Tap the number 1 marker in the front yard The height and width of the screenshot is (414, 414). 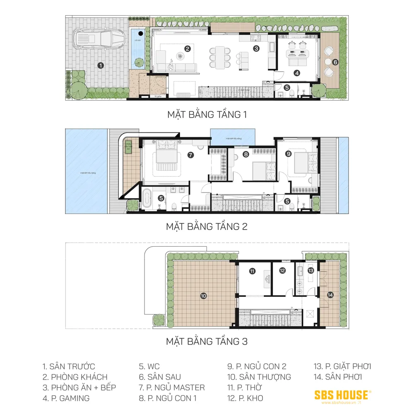[x=100, y=65]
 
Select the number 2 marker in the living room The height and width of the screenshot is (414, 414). [x=188, y=48]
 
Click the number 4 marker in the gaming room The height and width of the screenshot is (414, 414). [x=297, y=73]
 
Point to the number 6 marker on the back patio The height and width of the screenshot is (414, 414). [x=335, y=62]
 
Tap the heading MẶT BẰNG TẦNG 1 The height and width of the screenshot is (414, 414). [x=207, y=114]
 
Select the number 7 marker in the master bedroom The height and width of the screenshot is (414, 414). [x=190, y=155]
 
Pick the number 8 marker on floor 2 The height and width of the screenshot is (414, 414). [x=246, y=155]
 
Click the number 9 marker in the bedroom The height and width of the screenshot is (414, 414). [x=289, y=153]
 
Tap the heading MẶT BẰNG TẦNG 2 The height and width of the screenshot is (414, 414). [x=207, y=226]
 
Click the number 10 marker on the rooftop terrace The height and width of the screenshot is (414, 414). [x=203, y=296]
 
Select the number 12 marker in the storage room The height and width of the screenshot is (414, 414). [x=282, y=271]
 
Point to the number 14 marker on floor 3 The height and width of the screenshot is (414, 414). [x=330, y=295]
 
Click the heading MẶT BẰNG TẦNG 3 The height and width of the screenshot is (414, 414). [x=207, y=342]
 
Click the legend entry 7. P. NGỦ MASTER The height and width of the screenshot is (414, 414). [x=171, y=388]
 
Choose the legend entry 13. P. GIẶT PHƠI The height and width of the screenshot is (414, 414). [x=342, y=366]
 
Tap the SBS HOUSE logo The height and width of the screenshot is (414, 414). [x=342, y=395]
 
